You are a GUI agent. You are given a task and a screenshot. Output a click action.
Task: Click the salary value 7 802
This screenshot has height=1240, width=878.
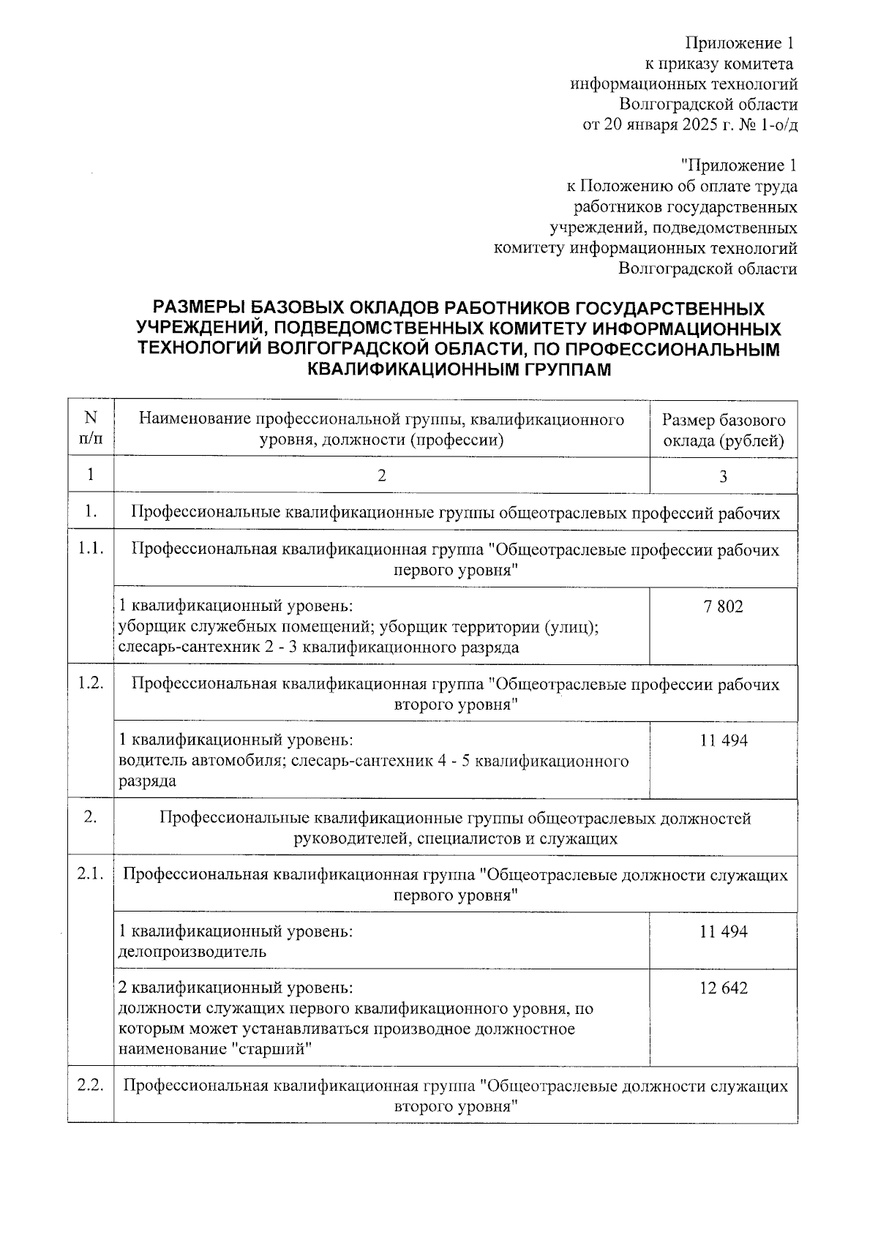point(723,606)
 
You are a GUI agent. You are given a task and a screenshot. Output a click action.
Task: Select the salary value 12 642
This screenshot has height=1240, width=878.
point(723,988)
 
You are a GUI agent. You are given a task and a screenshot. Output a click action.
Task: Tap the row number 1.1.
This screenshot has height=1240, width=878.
point(91,549)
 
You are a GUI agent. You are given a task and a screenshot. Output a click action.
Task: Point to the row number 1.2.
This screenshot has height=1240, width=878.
point(91,683)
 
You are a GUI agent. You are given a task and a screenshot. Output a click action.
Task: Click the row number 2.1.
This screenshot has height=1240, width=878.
point(91,874)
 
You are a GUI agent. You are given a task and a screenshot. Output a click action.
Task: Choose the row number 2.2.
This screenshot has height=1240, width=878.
point(91,1086)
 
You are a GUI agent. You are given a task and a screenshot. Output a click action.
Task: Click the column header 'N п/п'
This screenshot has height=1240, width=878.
point(91,429)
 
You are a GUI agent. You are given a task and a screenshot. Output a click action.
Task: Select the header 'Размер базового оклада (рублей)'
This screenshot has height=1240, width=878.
point(723,430)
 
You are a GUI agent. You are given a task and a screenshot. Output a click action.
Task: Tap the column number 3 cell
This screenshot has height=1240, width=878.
point(723,477)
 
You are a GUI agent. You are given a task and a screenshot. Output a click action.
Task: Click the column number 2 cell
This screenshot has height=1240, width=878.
point(381,476)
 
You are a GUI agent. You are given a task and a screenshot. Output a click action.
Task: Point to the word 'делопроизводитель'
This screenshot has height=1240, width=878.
point(192,952)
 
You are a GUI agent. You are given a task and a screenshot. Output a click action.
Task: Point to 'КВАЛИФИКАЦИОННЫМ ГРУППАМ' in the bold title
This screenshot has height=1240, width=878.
point(459,369)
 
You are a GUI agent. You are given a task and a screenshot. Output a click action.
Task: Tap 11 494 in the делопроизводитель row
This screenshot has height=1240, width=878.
point(723,931)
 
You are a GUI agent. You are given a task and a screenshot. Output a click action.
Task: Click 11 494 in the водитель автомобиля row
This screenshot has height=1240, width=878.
point(723,740)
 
